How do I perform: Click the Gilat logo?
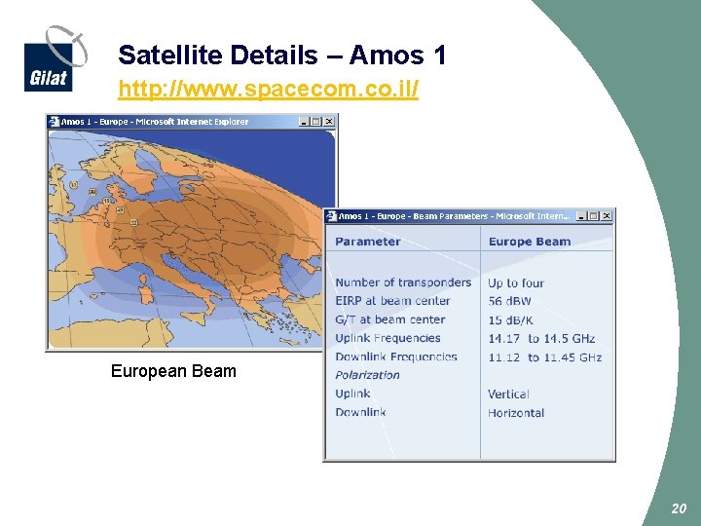coord(55,58)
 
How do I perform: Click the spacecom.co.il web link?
coord(268,91)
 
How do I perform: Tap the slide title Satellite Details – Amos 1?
coord(282,56)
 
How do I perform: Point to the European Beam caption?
coord(173,371)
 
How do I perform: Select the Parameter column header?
coord(367,242)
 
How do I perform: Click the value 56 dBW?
coord(509,301)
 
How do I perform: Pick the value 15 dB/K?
coord(509,319)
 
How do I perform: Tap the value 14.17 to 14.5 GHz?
coord(541,338)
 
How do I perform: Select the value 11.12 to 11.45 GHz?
coord(544,357)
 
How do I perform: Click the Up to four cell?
coord(516,282)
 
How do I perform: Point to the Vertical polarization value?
coord(508,394)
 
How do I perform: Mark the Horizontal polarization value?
coord(516,413)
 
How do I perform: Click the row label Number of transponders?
coord(403,282)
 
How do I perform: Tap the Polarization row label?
coord(367,375)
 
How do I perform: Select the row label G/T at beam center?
coord(389,319)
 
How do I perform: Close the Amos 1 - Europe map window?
coord(329,122)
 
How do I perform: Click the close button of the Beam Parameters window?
coord(609,216)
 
